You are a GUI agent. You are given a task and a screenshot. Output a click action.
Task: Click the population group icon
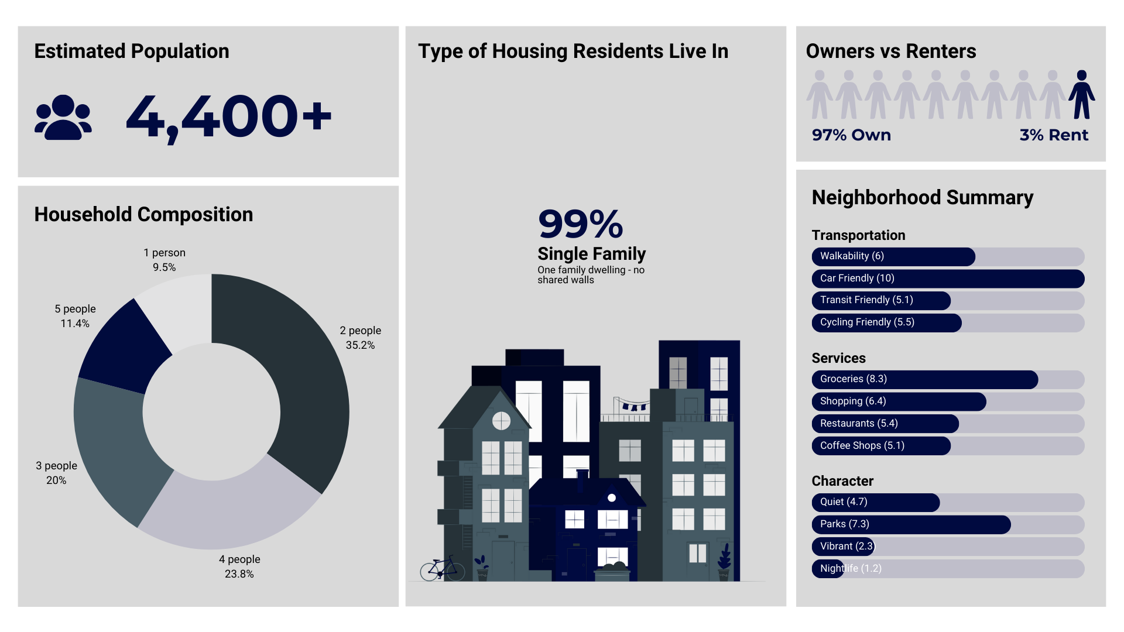click(63, 117)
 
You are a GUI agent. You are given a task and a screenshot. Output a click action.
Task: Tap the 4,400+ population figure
click(228, 117)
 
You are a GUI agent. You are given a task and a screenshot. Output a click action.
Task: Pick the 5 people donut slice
click(126, 345)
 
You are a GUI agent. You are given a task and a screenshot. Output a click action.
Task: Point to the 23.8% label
click(239, 573)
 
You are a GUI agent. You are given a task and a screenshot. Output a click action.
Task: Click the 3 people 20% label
click(56, 473)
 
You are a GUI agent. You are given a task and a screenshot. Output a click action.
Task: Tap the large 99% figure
click(580, 224)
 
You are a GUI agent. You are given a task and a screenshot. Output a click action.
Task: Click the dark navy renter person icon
click(1081, 95)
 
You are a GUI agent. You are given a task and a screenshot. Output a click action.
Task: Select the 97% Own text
click(851, 135)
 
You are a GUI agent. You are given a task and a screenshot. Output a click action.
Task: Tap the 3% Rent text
click(1054, 135)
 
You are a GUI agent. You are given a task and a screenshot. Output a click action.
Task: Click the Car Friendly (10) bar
click(948, 279)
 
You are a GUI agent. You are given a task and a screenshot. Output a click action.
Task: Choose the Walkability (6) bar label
click(852, 256)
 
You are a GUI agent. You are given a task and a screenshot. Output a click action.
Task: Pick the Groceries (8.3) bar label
click(854, 379)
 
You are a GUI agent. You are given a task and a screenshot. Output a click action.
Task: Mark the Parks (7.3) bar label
click(845, 524)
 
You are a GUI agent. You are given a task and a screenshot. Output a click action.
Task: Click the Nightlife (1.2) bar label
click(851, 569)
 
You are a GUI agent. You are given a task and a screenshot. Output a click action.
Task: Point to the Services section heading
click(838, 358)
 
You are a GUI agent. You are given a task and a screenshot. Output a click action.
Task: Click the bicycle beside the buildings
click(442, 568)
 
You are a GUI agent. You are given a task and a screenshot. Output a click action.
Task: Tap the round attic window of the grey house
click(501, 420)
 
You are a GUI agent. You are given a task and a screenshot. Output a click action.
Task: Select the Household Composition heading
click(143, 215)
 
